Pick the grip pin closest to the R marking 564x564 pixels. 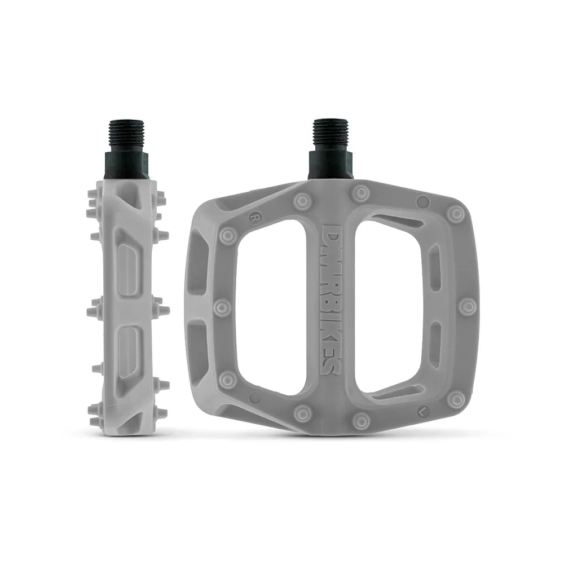[228, 236]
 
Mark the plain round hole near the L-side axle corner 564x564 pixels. [422, 202]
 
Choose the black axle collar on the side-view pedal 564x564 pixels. [126, 165]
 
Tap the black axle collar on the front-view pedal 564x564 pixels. [329, 165]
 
